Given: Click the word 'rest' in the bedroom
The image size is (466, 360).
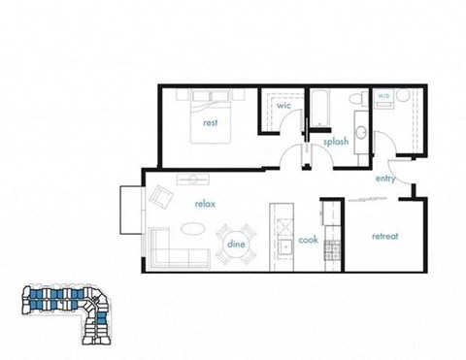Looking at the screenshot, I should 209,123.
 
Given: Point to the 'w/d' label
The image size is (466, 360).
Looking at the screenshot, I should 383,96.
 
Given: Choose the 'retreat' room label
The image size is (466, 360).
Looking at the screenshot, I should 385,237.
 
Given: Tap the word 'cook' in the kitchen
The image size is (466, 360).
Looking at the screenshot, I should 308,240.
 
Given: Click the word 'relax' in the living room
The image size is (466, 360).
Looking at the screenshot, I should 204,204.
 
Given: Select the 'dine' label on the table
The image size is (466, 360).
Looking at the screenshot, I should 236,245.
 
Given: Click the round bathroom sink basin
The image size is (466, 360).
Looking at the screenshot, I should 360,132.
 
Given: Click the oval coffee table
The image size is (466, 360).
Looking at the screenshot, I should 194,230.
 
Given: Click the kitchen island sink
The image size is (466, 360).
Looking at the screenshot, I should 284,246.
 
